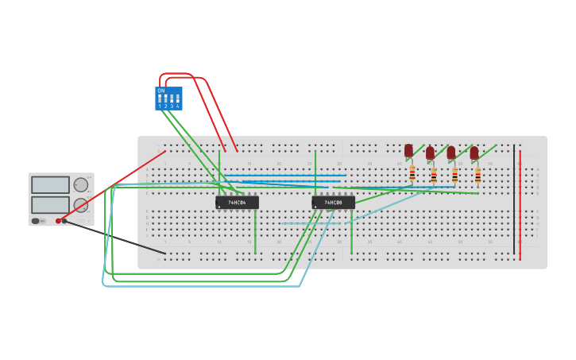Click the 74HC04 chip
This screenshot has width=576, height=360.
pos(237,203)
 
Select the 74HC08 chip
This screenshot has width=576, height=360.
pos(333,203)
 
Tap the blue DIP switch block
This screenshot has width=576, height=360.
pos(168,99)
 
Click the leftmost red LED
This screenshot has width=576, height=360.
pos(408,150)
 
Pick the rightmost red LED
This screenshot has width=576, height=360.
pos(474,153)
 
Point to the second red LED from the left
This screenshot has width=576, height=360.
pos(430,153)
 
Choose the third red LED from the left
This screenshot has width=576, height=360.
pos(451,153)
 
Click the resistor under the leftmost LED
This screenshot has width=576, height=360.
pos(412,173)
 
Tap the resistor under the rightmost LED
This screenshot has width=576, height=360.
pos(477,176)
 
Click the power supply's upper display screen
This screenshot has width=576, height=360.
pos(50,185)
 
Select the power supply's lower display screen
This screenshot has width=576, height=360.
pos(50,204)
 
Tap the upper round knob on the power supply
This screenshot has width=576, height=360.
pos(81,185)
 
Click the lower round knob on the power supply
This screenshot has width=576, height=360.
pos(81,205)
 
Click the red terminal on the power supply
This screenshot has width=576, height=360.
pos(58,221)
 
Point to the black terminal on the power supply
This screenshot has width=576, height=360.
pos(65,221)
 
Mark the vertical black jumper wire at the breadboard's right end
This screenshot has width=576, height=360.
pos(514,199)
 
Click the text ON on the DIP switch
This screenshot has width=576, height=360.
pos(161,91)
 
